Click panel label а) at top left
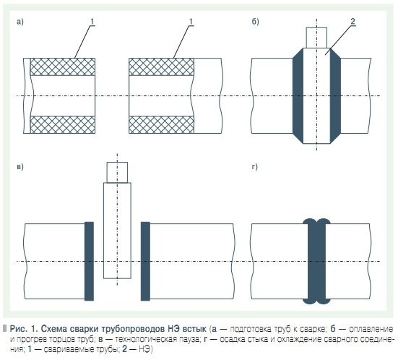click(x=20, y=22)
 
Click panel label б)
click(x=255, y=22)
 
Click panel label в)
click(x=20, y=167)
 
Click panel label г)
click(x=254, y=167)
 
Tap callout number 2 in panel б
click(x=352, y=22)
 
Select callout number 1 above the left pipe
click(x=92, y=22)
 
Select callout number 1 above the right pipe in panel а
click(x=191, y=22)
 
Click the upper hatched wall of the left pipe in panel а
click(x=63, y=67)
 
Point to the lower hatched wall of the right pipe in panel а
click(x=161, y=125)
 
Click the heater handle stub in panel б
click(x=316, y=38)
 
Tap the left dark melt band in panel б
click(x=298, y=95)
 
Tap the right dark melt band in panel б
click(x=335, y=95)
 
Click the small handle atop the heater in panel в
click(x=117, y=173)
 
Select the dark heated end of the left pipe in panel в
click(x=89, y=261)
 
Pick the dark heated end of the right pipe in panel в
click(x=145, y=261)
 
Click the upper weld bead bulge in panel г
click(x=316, y=221)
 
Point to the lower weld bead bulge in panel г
click(x=316, y=301)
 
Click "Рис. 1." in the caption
click(x=24, y=329)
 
